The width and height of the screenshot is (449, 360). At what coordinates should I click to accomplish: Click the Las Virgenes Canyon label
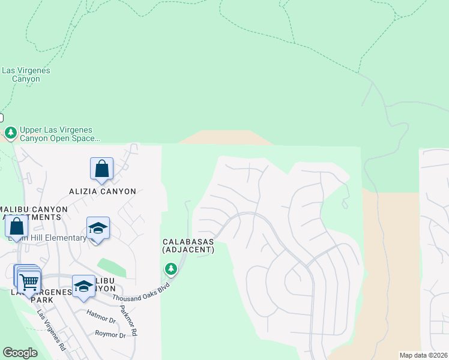pos(25,74)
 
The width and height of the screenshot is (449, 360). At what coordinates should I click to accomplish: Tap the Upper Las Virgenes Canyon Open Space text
pos(59,134)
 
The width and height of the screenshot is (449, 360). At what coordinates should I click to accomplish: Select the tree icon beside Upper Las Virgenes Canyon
pos(10,132)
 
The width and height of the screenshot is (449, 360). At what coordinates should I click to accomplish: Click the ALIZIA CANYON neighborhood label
pos(101,191)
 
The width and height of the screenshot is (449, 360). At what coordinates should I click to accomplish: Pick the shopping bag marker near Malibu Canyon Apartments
pos(16,227)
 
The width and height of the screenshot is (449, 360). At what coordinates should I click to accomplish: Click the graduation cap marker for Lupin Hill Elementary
pos(98,229)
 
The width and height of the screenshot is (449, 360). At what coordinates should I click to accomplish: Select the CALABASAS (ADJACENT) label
pos(188,246)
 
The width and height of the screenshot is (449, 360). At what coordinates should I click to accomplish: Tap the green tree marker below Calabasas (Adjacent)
pos(171,269)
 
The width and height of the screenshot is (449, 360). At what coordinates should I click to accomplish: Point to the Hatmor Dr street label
pos(101,313)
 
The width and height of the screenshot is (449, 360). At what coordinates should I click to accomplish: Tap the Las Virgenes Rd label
pos(51,329)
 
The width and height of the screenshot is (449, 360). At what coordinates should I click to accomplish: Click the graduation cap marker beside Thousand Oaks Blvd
pos(83,286)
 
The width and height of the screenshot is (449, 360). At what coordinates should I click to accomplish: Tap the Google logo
pos(20,353)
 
